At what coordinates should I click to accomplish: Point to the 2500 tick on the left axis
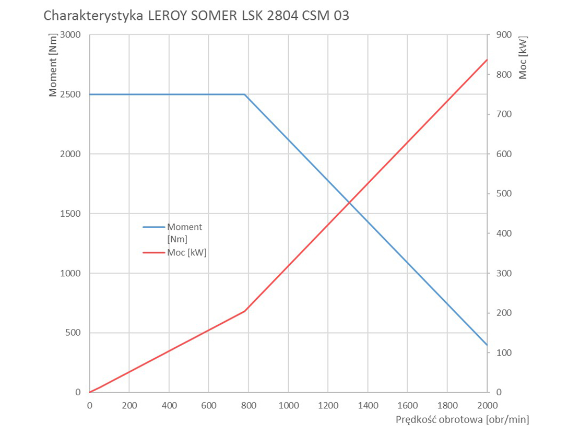71,95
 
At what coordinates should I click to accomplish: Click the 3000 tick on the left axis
71,35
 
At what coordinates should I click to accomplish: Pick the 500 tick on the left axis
74,333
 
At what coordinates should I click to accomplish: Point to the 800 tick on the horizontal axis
248,405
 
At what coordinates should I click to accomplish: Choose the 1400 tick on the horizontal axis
368,405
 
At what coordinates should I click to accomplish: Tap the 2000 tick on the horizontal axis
487,405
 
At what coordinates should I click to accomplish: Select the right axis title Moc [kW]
523,57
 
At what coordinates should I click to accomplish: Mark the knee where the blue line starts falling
244,95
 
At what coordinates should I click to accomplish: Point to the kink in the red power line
244,311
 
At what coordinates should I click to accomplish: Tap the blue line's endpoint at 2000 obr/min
487,345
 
